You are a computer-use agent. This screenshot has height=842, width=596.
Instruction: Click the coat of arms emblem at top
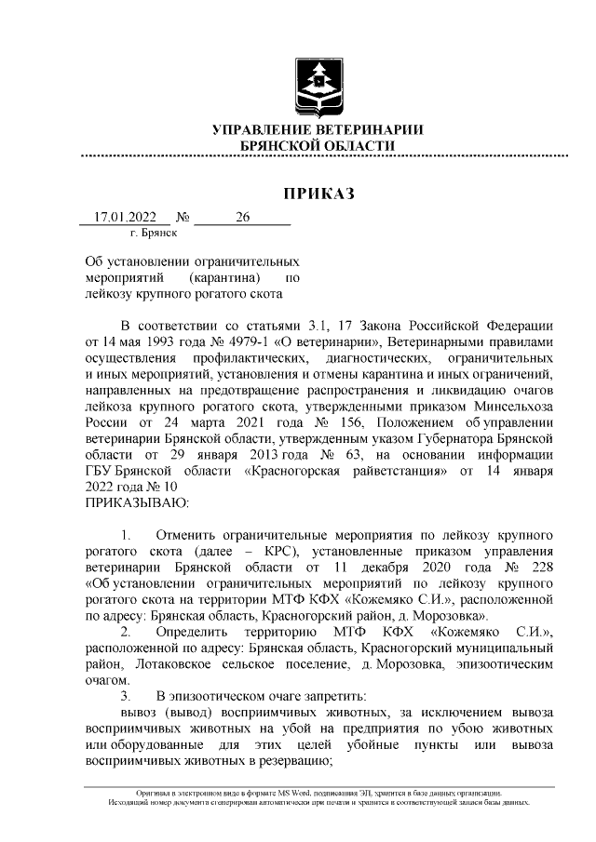tap(318, 85)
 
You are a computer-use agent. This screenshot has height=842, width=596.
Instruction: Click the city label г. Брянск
tap(153, 234)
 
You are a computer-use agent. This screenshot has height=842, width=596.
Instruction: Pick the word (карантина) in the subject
tap(221, 277)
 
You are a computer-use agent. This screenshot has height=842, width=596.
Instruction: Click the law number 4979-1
tap(243, 341)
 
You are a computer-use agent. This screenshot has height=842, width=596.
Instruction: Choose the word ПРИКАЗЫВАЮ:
tap(137, 501)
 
